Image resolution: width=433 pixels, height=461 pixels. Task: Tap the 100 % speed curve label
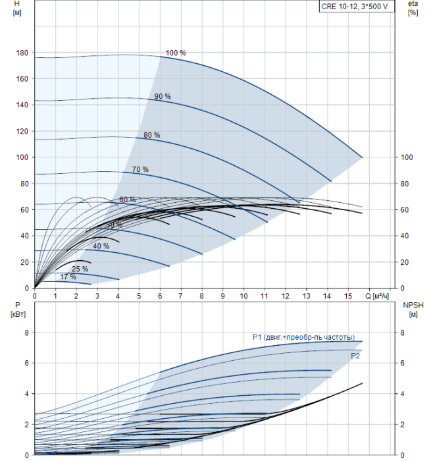[x=176, y=53]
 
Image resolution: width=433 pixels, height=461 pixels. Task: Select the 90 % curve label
[x=163, y=96]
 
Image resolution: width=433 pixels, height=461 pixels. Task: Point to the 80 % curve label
[x=151, y=135]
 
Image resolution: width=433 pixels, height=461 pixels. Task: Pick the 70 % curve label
[x=140, y=169]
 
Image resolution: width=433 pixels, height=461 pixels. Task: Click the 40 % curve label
[x=101, y=246]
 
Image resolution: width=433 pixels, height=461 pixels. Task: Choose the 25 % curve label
[x=80, y=269]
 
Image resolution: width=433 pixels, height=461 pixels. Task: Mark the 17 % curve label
[x=68, y=277]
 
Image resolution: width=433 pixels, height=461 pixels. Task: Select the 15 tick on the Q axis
[x=349, y=296]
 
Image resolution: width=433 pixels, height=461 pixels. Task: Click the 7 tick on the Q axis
[x=181, y=296]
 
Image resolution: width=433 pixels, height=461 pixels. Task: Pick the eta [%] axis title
[x=413, y=9]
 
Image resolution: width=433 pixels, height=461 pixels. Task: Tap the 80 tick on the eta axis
[x=405, y=184]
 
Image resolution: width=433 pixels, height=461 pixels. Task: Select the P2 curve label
[x=355, y=356]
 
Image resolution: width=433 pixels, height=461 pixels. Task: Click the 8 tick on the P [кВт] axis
[x=26, y=333]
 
